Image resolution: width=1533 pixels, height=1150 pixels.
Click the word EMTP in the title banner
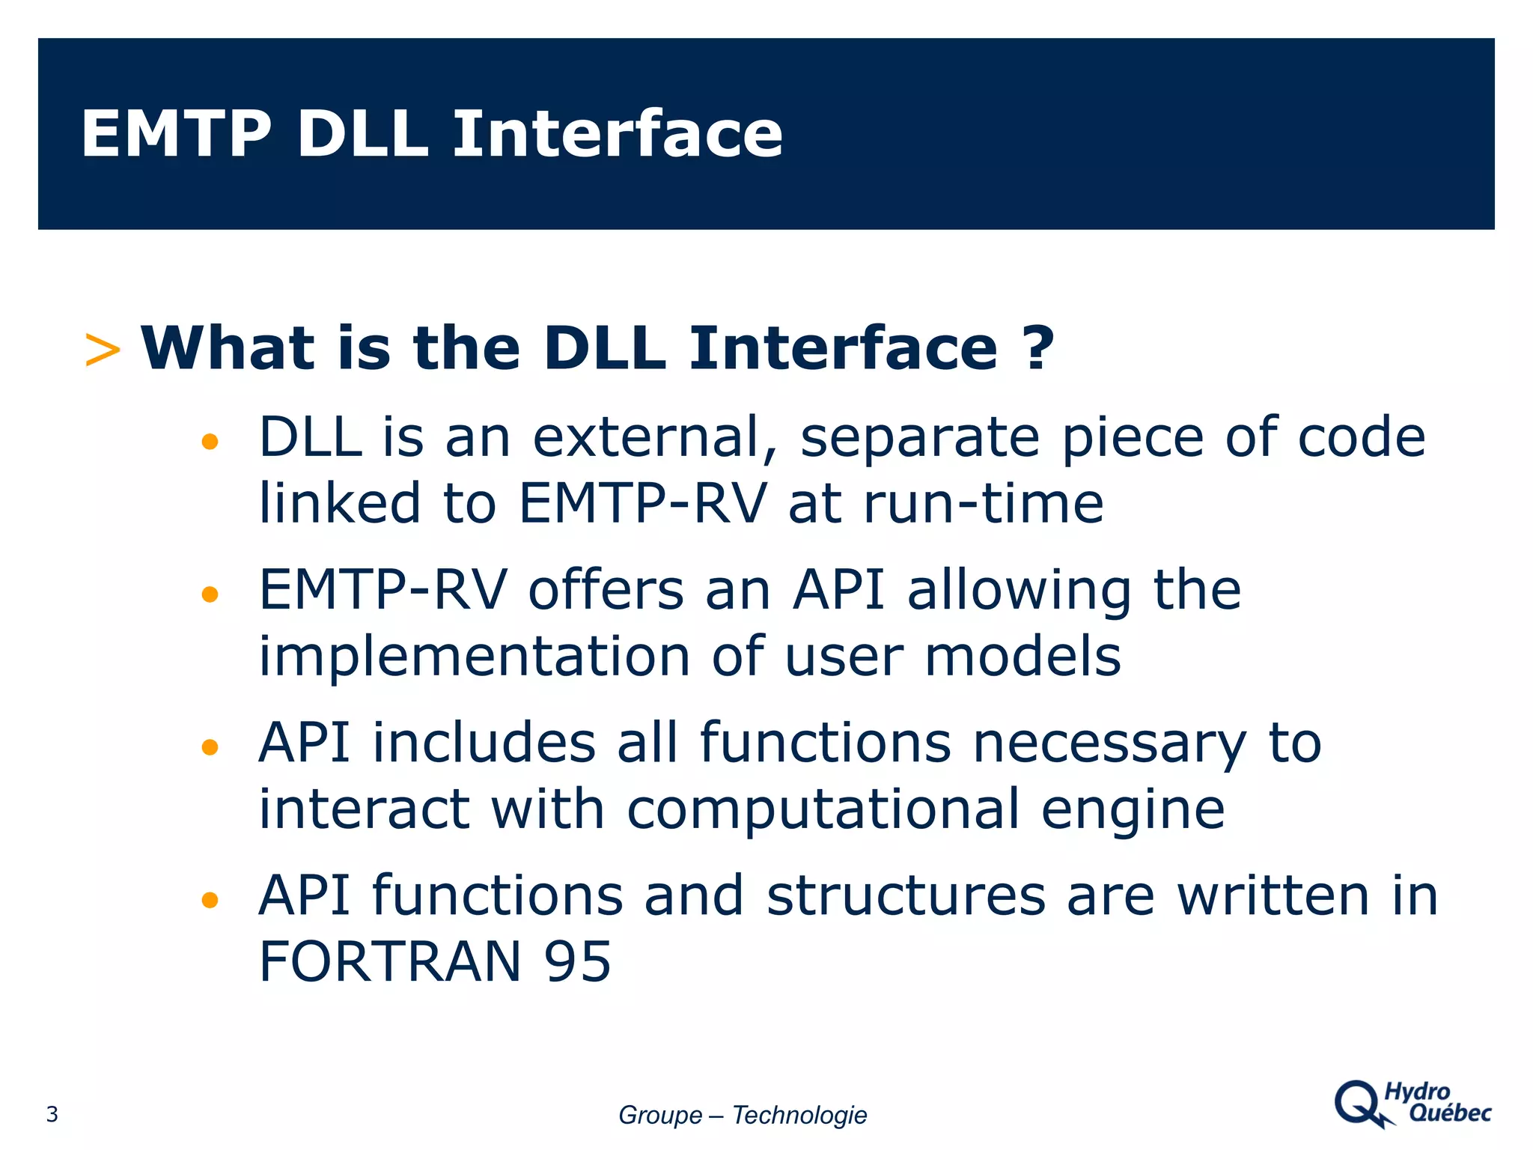point(176,134)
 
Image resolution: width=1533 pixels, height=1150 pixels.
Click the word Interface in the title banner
point(618,134)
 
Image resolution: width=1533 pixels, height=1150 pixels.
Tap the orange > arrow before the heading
point(103,350)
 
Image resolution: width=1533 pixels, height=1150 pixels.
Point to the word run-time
point(984,503)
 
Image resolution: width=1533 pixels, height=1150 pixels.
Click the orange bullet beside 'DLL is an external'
point(210,442)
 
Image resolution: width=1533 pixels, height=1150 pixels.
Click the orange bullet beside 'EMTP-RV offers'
point(210,594)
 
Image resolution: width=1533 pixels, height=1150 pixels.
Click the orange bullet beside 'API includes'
point(210,747)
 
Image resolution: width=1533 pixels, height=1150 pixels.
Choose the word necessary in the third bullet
point(1109,744)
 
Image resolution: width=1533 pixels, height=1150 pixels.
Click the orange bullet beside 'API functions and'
point(210,900)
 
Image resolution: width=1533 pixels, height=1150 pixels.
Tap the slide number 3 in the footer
point(52,1115)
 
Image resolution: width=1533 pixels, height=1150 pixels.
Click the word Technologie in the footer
point(799,1116)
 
